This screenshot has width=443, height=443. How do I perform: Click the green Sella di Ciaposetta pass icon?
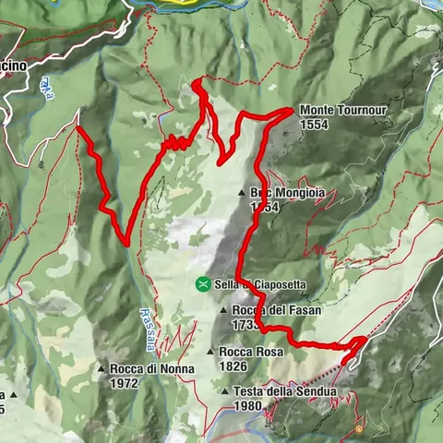tap(202, 284)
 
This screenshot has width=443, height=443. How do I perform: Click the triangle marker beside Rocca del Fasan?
tap(225, 311)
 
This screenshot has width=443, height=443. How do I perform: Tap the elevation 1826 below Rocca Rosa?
tap(234, 365)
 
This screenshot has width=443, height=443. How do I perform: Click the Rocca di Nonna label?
tap(152, 369)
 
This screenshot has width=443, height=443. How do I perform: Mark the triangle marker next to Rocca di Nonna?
tap(102, 369)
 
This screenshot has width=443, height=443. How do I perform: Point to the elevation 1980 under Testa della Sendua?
tap(250, 405)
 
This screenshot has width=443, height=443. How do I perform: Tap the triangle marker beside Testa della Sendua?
tap(225, 391)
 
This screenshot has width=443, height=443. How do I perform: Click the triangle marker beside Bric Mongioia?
tap(242, 193)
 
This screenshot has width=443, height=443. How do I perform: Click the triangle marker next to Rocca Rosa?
tap(211, 352)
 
